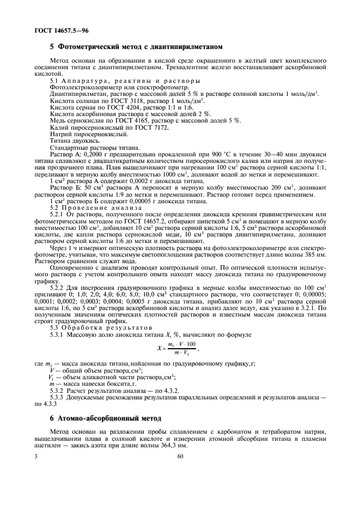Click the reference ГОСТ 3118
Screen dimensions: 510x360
pos(115,101)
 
